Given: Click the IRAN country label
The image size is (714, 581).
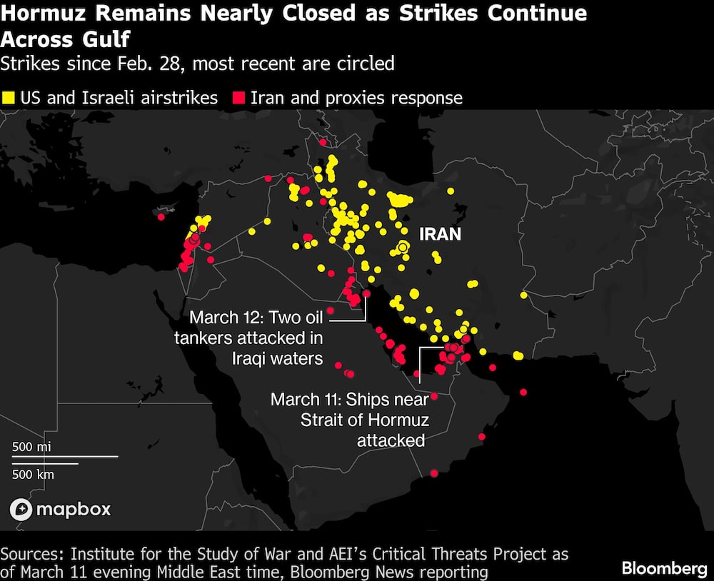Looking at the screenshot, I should click(x=440, y=234).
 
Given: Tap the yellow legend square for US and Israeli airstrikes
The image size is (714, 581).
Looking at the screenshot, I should click(x=9, y=98).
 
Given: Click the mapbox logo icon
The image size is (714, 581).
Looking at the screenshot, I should click(x=21, y=509).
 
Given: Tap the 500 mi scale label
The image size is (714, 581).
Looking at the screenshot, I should click(x=31, y=447).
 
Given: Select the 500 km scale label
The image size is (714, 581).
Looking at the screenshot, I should click(x=33, y=473).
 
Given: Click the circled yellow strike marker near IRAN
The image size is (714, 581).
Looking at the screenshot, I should click(x=403, y=247).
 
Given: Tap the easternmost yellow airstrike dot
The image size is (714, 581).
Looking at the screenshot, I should click(x=523, y=295).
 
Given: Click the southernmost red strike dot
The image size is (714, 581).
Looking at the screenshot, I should click(x=434, y=473).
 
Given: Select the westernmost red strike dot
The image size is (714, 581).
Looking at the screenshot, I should click(x=161, y=217).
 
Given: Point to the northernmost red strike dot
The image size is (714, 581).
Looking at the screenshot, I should click(x=322, y=141).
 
